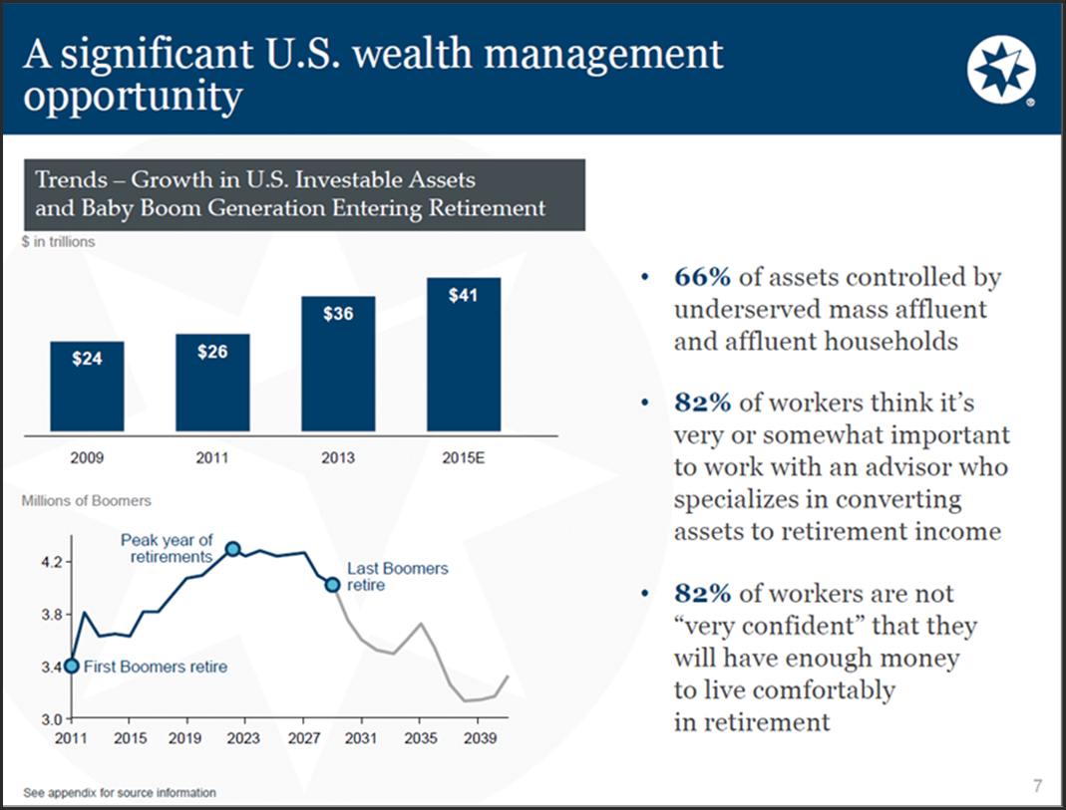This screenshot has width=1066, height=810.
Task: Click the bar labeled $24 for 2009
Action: pos(87,386)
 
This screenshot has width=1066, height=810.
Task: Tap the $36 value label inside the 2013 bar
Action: pos(338,314)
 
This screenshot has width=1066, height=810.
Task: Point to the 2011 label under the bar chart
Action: pos(212,458)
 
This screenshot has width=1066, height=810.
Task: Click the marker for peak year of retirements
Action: pos(232,549)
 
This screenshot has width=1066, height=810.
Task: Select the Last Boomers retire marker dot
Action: pos(333,584)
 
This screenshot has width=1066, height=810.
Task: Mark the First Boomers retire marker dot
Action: pos(71,666)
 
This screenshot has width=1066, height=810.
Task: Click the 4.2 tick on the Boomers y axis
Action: pos(51,562)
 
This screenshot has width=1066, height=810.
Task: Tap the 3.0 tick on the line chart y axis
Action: pos(51,717)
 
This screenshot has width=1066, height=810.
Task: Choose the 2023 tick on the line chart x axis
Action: pos(243,738)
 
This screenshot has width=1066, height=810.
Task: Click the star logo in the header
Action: pos(1001,71)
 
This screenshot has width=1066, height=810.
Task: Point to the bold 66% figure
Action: pos(702,277)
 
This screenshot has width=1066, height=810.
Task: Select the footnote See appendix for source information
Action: pos(120,793)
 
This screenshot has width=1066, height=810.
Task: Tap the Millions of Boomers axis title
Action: pos(87,500)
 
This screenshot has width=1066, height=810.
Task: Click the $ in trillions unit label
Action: pos(59,242)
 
